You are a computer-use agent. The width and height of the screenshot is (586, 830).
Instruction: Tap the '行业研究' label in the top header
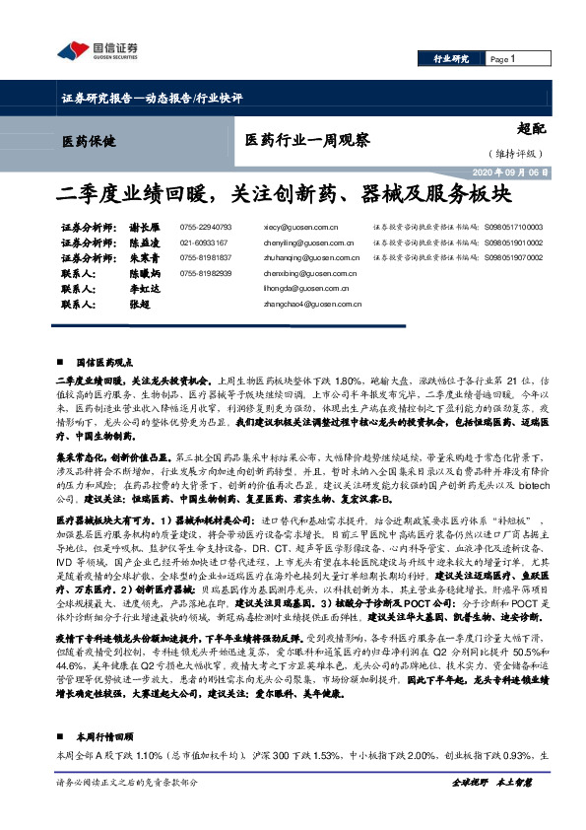452,59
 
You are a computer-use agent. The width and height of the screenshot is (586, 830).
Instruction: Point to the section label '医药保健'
88,140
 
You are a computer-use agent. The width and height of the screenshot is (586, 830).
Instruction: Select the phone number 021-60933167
204,242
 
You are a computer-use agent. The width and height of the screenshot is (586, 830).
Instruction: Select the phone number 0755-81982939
206,273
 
